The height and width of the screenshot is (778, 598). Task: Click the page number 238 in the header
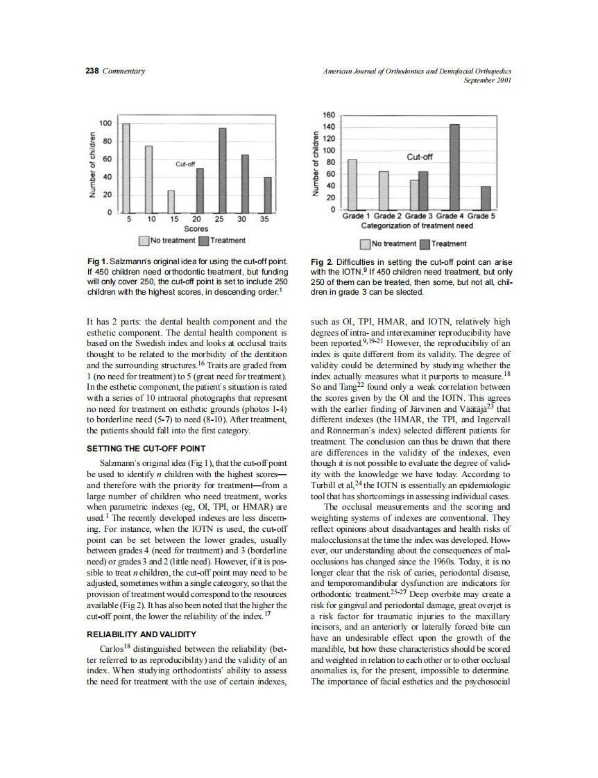[92, 71]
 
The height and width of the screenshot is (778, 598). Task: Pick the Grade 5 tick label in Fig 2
[480, 216]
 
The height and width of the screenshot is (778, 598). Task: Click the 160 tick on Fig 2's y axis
[330, 115]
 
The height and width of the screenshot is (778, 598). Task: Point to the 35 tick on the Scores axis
[264, 219]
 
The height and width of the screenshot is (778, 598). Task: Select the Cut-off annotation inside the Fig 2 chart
[419, 157]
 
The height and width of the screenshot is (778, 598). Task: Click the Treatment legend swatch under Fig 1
[203, 241]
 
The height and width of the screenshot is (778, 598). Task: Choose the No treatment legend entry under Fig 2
[388, 243]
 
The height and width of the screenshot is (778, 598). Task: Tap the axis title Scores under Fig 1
[196, 228]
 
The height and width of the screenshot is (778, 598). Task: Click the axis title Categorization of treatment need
[417, 225]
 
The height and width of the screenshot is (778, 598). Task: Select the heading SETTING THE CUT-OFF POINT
[146, 449]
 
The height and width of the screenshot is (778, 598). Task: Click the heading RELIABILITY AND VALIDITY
[142, 634]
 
